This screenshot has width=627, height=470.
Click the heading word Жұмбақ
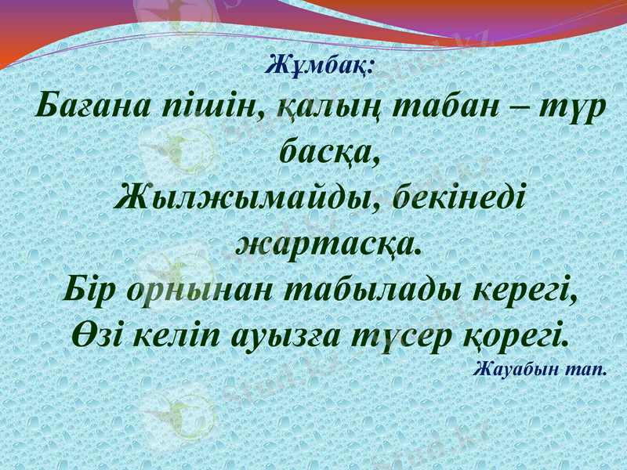(x=322, y=64)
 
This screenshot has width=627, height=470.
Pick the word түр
(x=571, y=110)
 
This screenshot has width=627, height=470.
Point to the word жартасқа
(x=328, y=243)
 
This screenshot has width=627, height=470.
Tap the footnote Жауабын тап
(x=541, y=368)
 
